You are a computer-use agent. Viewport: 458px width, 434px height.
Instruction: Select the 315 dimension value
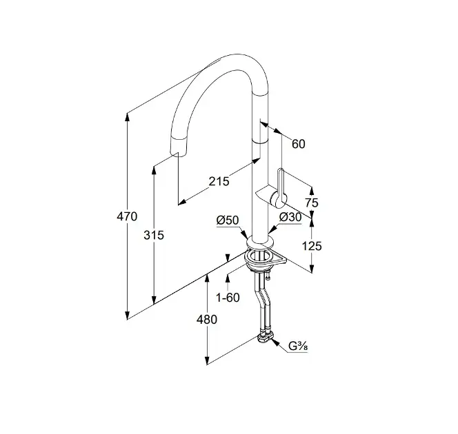point(155,236)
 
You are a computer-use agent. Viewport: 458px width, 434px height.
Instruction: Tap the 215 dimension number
point(219,182)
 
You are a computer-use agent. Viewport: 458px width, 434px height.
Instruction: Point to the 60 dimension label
point(298,144)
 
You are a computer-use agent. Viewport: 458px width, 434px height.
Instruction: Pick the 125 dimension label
point(312,245)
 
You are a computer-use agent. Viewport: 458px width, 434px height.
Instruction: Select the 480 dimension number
point(207,319)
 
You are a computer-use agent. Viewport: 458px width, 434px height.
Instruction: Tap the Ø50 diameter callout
point(226,220)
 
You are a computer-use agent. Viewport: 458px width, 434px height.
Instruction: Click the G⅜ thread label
point(297,347)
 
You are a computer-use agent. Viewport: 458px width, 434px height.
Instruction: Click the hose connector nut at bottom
point(265,337)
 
